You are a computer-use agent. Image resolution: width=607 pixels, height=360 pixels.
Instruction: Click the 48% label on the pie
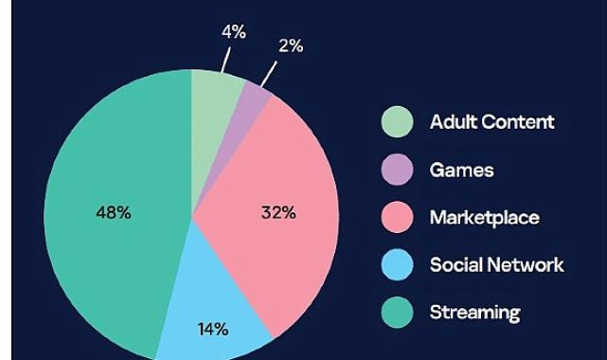coord(114,213)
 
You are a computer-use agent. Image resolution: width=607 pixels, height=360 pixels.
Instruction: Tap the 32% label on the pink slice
coord(278,213)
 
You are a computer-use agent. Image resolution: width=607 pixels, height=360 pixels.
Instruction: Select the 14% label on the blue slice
coord(213,330)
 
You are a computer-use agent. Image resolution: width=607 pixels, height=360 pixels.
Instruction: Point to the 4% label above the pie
coord(234,32)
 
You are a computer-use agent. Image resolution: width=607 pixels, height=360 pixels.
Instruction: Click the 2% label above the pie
coord(291,45)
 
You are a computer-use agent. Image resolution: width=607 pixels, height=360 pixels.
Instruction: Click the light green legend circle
coord(398,122)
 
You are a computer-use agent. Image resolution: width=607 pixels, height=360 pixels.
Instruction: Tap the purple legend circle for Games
coord(398,171)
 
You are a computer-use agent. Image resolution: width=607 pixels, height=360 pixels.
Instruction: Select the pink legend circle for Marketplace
coord(398,218)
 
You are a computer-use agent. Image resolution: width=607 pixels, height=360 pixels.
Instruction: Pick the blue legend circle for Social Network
coord(398,265)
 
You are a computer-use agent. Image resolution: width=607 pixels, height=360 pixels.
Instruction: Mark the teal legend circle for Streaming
coord(398,313)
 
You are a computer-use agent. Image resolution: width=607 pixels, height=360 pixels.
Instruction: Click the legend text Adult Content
coord(491,122)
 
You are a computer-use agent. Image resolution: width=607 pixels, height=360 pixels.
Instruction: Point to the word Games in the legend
coord(461,171)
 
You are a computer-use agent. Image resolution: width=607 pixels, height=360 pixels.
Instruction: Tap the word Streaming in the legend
coord(474,313)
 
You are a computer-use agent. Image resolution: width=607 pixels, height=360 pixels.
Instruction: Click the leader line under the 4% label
coord(225,60)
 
